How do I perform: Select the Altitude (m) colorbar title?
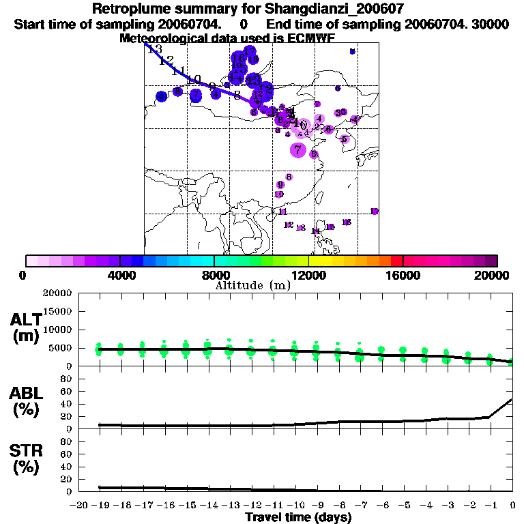[x=252, y=285]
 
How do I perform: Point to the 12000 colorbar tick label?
[x=308, y=275]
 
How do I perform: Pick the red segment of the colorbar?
[x=396, y=261]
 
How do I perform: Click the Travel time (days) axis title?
[x=298, y=517]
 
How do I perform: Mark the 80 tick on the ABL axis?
[x=67, y=379]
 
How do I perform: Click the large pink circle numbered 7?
[x=298, y=149]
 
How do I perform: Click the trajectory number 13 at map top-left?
[x=154, y=49]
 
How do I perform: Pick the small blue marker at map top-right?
[x=352, y=51]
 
